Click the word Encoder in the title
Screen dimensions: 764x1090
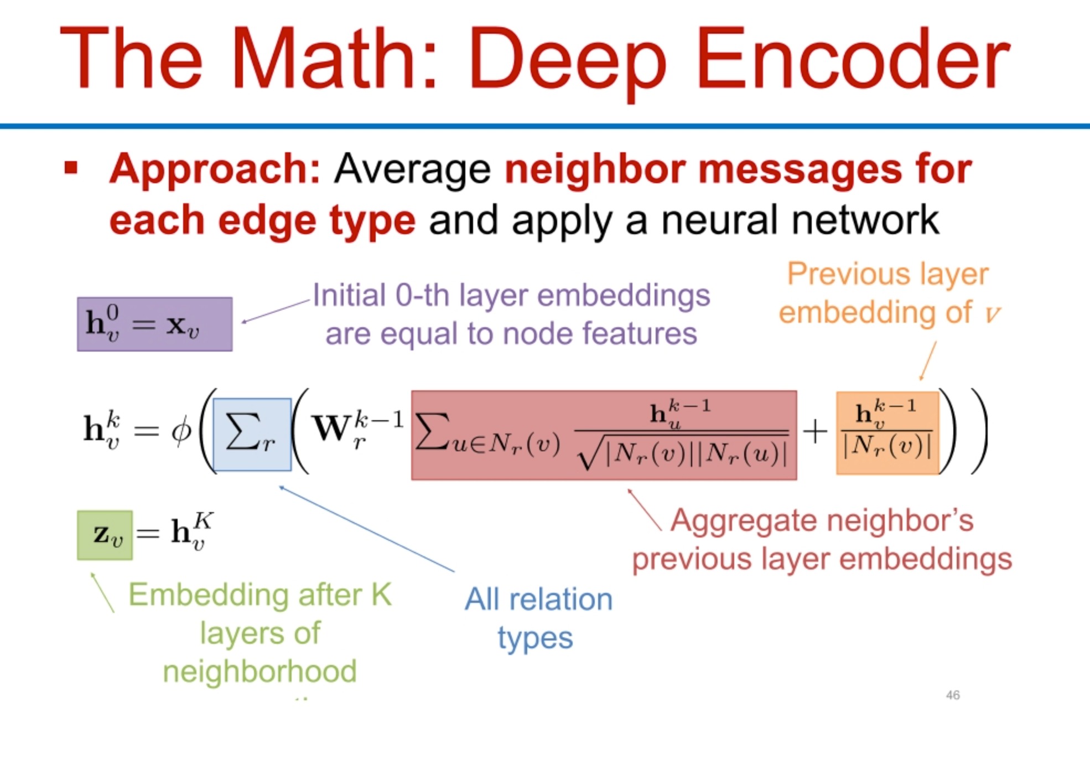click(852, 58)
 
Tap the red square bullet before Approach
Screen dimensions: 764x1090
click(71, 167)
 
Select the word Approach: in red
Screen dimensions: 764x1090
click(215, 169)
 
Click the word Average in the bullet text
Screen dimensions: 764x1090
click(412, 169)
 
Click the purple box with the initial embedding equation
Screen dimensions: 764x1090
click(154, 324)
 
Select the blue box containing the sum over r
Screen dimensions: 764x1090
click(252, 435)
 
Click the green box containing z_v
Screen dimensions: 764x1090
click(105, 535)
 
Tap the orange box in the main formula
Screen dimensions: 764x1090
click(887, 433)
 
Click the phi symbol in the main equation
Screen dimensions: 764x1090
click(181, 431)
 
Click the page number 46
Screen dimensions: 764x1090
click(952, 695)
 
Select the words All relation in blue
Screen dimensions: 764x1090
click(538, 600)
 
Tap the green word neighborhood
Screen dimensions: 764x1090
click(259, 672)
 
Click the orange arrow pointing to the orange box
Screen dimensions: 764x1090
click(928, 360)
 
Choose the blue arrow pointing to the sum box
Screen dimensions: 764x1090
click(365, 528)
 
